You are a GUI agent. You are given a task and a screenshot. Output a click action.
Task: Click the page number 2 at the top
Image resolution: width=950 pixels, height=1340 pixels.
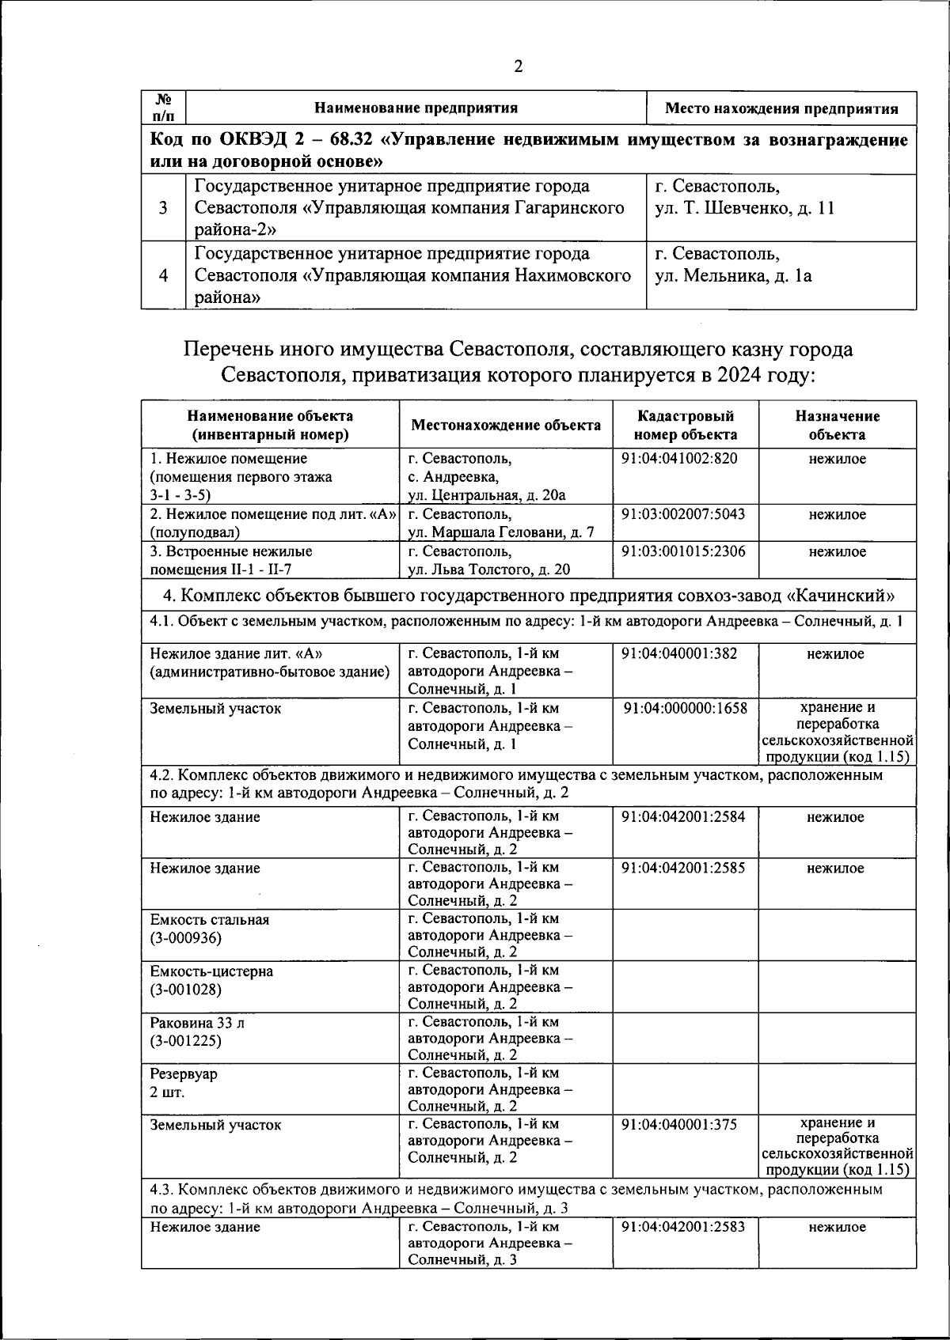[518, 66]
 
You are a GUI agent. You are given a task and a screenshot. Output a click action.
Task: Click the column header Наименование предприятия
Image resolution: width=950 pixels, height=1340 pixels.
[416, 108]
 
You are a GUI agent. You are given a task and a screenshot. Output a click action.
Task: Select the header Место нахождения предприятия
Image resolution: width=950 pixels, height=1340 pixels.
[781, 109]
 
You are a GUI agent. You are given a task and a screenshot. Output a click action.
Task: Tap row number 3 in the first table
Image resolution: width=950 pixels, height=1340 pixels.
[163, 208]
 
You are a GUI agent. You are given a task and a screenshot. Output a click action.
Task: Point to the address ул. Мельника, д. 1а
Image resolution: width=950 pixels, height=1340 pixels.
[733, 276]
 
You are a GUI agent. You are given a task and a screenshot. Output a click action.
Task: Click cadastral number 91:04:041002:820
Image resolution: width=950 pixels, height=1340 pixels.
[679, 459]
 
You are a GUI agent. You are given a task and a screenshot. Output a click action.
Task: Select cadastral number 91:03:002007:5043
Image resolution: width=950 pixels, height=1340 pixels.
[683, 514]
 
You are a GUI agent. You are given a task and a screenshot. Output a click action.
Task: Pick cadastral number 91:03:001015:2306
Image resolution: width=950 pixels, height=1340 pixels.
[683, 551]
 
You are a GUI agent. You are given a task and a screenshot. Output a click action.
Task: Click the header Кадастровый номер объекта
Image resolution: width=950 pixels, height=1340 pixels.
[685, 425]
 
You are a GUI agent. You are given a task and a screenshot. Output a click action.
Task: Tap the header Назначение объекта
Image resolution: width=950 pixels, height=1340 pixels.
[837, 425]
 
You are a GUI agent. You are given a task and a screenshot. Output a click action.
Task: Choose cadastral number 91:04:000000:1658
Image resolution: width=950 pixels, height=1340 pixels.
[685, 709]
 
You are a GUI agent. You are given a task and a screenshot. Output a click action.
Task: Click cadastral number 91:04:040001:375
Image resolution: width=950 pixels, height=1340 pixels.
[679, 1125]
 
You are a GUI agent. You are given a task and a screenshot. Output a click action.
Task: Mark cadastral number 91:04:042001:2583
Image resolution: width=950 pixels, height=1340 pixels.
[683, 1227]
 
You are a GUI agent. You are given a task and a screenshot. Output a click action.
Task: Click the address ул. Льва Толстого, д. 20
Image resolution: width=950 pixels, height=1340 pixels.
[488, 570]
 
